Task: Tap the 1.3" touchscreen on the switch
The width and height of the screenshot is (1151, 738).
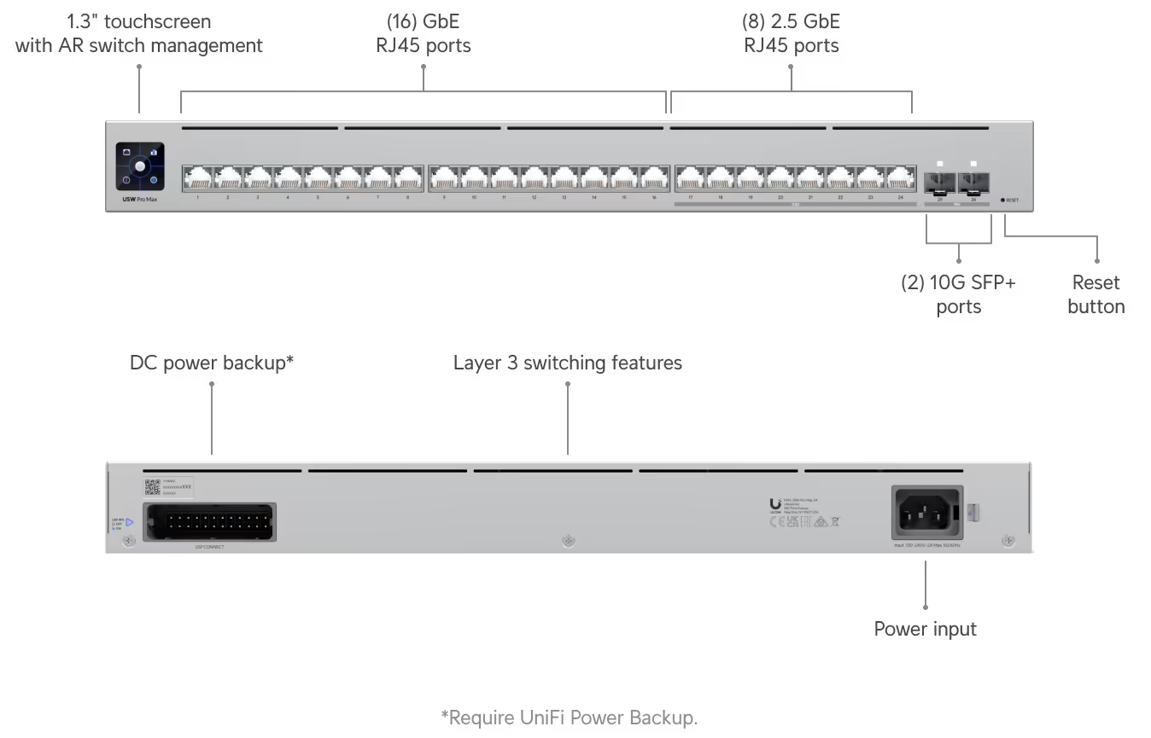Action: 140,166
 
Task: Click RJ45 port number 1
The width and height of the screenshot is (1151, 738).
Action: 197,177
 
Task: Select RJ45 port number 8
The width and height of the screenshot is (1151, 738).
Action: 408,177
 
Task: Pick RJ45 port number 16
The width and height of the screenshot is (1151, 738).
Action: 654,177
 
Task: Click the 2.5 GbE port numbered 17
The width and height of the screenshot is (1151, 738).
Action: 690,177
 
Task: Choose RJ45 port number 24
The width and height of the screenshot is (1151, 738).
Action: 900,177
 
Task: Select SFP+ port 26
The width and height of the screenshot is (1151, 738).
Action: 973,181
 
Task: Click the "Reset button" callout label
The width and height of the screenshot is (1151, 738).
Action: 1095,294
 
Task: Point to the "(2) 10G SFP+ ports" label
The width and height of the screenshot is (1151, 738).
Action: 958,294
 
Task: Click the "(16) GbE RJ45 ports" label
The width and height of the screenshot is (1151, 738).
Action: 424,33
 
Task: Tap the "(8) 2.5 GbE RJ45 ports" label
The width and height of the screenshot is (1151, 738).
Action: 792,33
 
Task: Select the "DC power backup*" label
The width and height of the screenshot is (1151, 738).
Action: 212,363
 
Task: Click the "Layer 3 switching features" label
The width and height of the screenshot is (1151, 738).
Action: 567,363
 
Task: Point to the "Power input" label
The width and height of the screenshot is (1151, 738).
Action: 925,630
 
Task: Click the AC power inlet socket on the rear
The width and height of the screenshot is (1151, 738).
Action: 926,511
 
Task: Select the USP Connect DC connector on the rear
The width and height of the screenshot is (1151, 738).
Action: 210,520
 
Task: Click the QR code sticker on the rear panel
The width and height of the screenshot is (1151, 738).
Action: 153,486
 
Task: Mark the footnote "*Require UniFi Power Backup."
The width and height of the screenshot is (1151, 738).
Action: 569,718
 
